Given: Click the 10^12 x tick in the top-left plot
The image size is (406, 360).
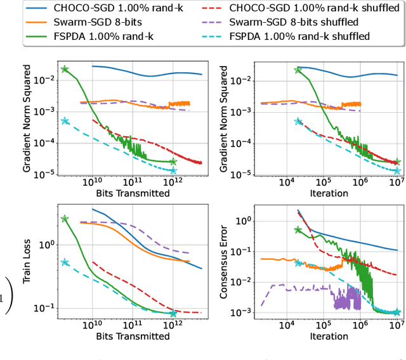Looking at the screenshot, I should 169,183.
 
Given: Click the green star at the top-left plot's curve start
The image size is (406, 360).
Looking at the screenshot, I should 65,69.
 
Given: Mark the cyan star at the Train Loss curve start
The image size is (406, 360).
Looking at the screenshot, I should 65,262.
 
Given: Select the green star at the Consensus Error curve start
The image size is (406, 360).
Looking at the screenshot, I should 299,229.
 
